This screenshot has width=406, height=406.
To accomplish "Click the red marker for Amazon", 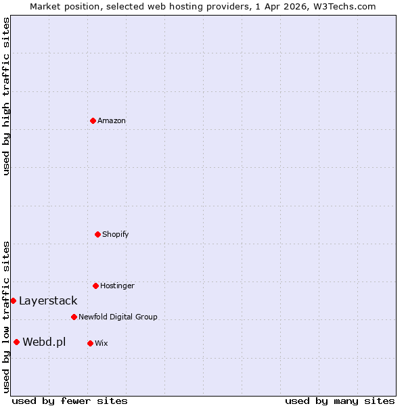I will (93, 120).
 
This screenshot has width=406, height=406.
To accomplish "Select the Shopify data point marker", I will (97, 234).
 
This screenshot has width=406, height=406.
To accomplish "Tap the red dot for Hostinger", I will (95, 286).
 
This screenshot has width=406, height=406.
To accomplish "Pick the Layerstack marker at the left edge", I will (13, 300).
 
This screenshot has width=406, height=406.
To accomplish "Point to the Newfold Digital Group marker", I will (74, 317).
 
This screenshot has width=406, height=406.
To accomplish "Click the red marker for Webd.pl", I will (16, 342).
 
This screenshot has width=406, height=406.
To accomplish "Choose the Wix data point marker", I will (90, 343).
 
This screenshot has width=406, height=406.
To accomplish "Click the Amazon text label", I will (112, 120).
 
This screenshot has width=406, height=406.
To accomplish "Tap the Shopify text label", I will (116, 234).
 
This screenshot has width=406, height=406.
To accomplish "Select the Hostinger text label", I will (118, 286).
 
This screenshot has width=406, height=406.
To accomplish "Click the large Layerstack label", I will (48, 300).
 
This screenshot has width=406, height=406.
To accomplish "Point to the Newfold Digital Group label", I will (118, 317).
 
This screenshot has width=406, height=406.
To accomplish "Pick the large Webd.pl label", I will (44, 342).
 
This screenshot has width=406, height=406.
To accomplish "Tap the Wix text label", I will (101, 343).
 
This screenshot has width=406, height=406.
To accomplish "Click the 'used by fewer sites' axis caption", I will (70, 401).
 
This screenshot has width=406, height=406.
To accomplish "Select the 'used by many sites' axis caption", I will (340, 401).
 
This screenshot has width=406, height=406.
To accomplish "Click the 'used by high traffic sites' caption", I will (6, 96).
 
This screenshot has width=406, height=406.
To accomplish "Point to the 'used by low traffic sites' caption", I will (6, 316).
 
